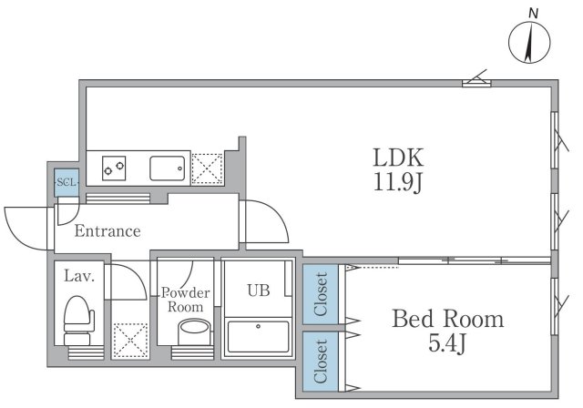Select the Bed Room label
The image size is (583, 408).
[447, 320]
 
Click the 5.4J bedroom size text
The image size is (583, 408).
[446, 348]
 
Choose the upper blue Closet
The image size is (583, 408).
[320, 294]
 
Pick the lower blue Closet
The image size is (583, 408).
[320, 361]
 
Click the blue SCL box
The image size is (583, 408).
[66, 182]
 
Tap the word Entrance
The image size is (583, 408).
[107, 231]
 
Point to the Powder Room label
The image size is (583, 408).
[186, 300]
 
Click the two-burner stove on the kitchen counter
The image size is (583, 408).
[115, 168]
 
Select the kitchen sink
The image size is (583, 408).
[169, 168]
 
